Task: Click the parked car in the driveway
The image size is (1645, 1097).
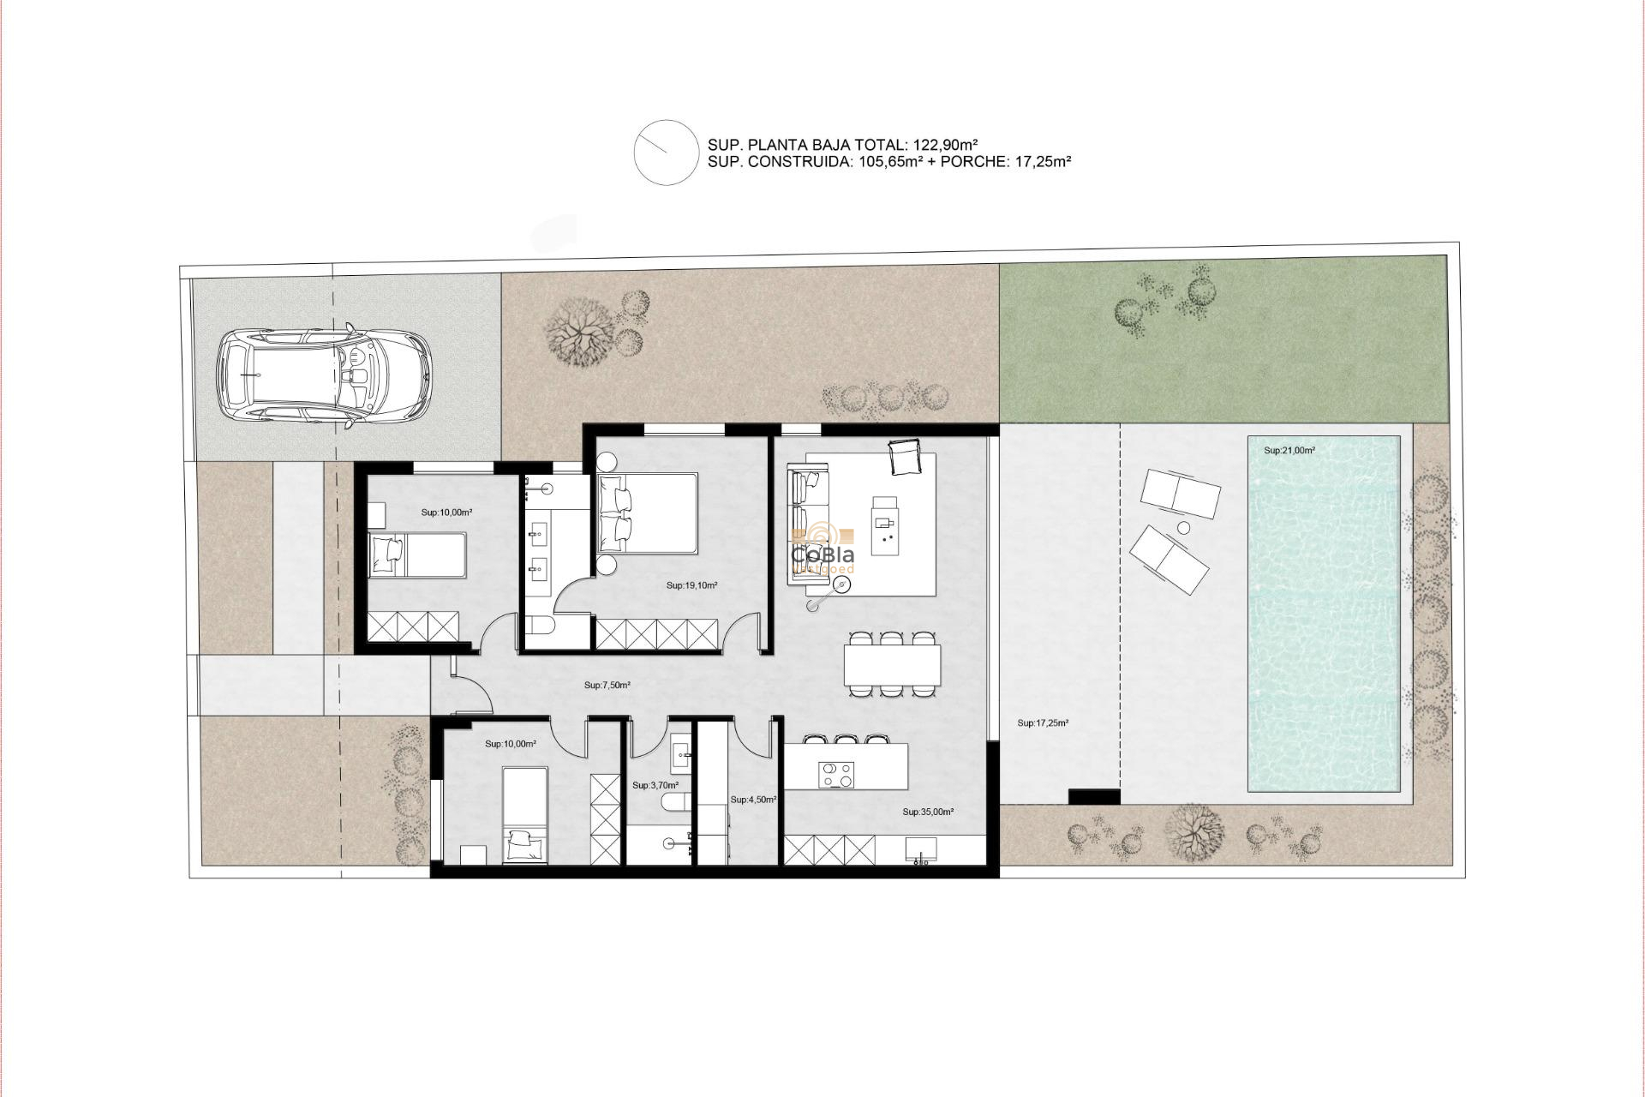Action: [x=323, y=375]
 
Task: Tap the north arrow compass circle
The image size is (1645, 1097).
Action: [x=666, y=153]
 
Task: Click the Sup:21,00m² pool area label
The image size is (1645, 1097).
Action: [x=1289, y=450]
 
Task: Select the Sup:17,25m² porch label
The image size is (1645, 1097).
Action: [x=1042, y=723]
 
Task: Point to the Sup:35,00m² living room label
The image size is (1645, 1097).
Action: [x=927, y=812]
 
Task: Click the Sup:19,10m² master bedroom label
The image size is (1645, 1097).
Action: [x=691, y=586]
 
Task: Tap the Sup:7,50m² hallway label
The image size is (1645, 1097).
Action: [x=607, y=686]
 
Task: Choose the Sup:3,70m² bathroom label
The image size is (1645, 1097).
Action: [x=655, y=785]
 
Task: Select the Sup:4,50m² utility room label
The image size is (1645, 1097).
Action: [x=753, y=800]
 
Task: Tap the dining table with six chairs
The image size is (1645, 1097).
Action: [x=892, y=664]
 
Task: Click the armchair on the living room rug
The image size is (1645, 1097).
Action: [x=905, y=456]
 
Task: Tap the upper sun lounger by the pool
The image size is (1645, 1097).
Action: [x=1180, y=496]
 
